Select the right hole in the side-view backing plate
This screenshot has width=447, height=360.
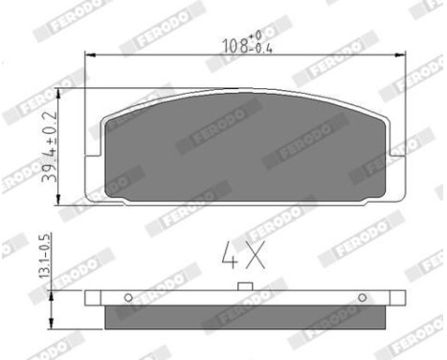pos(362,297)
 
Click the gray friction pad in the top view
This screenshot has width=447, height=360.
pos(244,148)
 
